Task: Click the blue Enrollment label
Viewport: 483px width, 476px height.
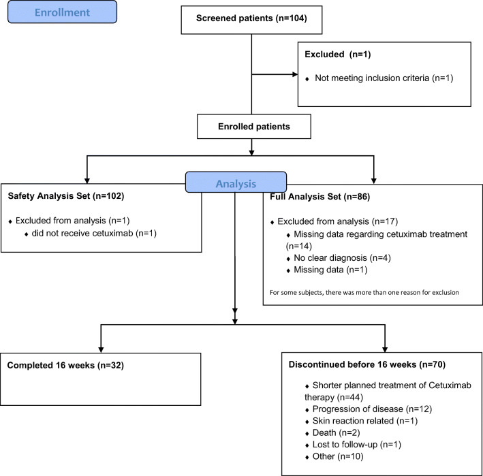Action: click(x=62, y=12)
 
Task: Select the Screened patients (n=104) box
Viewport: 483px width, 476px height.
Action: click(x=251, y=20)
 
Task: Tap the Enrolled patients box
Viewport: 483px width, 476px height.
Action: click(x=254, y=127)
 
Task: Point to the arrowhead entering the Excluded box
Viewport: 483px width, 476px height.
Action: click(x=295, y=74)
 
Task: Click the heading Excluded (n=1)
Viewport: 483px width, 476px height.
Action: click(x=338, y=54)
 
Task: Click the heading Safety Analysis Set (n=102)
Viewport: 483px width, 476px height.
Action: click(x=66, y=196)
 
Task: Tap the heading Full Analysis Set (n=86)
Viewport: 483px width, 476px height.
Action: click(x=320, y=197)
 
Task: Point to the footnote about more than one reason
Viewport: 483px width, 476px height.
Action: click(x=364, y=293)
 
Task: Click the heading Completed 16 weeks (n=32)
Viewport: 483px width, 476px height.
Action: click(x=65, y=366)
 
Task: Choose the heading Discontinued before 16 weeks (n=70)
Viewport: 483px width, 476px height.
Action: click(x=367, y=364)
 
